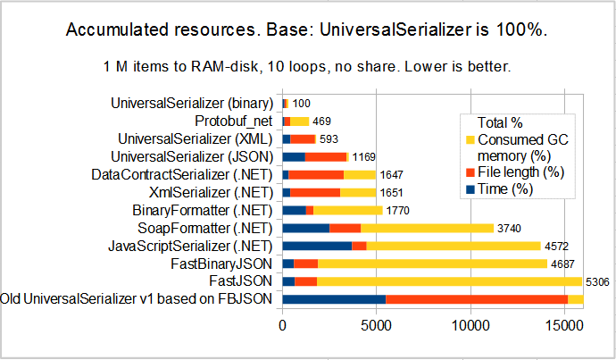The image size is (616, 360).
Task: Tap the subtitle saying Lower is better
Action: pos(307,67)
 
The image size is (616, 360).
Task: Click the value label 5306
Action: pos(597,281)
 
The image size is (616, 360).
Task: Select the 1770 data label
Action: pos(399,211)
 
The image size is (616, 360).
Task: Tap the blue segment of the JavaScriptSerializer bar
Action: pos(317,246)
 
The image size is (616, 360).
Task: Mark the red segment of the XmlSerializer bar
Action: pos(315,192)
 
